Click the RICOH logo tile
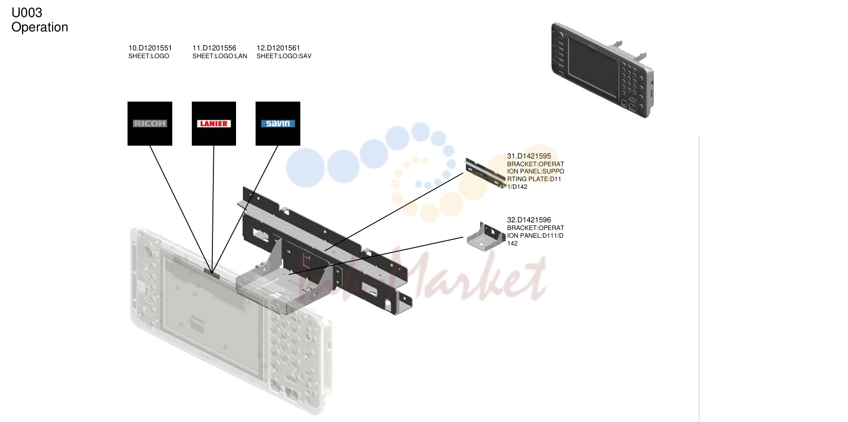coord(150,124)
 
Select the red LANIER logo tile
coord(214,124)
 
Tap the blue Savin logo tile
coord(278,124)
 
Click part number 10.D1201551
coord(150,48)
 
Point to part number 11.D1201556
coord(214,48)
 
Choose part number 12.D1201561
coord(278,48)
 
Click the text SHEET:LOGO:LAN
coord(220,56)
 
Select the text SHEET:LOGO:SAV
coord(284,56)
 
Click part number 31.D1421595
coord(529,156)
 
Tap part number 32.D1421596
coord(529,220)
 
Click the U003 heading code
coord(27,13)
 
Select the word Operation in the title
coord(40,27)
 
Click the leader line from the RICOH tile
coord(181,209)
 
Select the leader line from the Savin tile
coord(245,209)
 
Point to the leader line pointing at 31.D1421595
coord(394,212)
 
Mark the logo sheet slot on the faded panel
coord(212,273)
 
